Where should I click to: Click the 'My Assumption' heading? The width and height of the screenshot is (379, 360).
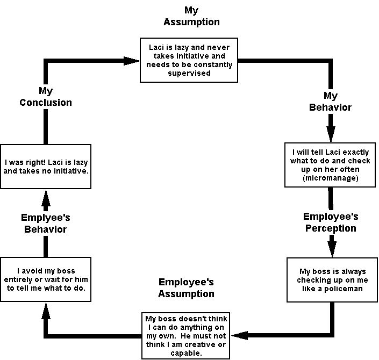click(191, 16)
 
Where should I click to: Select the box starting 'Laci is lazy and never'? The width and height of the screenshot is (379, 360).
click(189, 60)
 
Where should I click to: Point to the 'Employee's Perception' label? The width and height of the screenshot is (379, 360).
click(331, 222)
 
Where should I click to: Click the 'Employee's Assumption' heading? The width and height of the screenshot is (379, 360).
click(186, 287)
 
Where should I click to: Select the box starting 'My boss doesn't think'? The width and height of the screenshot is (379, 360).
click(185, 335)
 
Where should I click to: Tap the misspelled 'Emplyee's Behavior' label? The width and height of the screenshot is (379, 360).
click(46, 223)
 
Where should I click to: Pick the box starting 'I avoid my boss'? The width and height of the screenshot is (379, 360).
click(45, 277)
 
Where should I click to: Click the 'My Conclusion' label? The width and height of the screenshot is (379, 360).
click(46, 97)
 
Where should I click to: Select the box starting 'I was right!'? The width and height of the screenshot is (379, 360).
click(45, 165)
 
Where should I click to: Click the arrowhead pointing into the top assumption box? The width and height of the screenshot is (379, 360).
click(131, 61)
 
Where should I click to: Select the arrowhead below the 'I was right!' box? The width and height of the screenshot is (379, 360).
click(46, 199)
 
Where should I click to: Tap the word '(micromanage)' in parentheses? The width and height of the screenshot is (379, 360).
click(330, 178)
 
